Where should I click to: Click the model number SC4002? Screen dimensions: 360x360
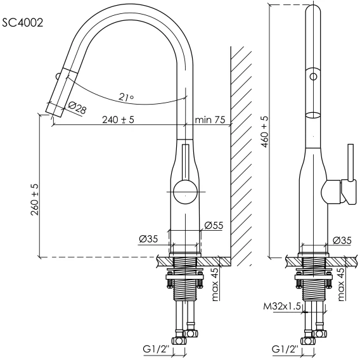[x=23, y=23]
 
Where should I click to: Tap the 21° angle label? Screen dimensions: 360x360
[x=126, y=98]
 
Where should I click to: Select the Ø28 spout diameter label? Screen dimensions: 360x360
[x=77, y=108]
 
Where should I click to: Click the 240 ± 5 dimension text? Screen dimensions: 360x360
[x=118, y=120]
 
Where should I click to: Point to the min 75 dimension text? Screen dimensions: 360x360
[x=210, y=120]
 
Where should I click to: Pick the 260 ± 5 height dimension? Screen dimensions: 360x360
[x=35, y=200]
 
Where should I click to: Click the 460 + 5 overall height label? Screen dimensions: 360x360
[x=265, y=132]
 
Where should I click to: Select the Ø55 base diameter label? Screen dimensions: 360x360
[x=214, y=225]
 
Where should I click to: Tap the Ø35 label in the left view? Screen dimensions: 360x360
[x=148, y=239]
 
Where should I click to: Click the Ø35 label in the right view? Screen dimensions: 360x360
[x=342, y=240]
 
